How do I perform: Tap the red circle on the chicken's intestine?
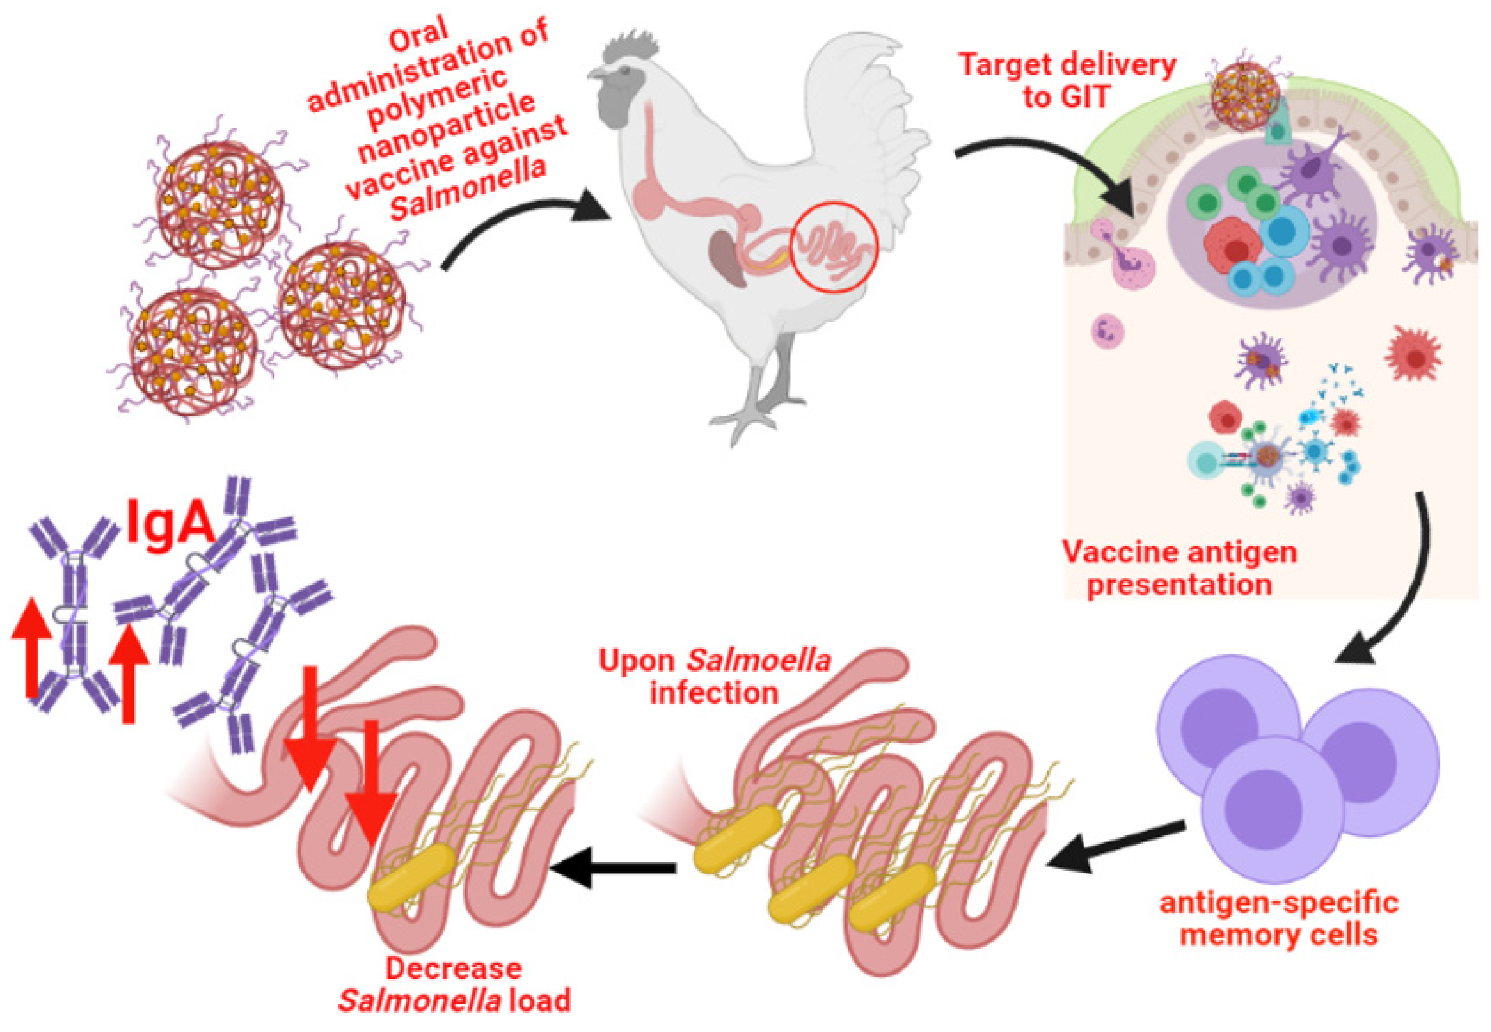pos(834,246)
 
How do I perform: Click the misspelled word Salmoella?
pos(758,660)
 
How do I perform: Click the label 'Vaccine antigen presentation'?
pos(1180,569)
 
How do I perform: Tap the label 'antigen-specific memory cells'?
pos(1279,918)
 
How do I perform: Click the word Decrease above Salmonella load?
pos(454,968)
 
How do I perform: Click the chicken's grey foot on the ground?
pos(744,420)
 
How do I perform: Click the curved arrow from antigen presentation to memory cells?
pos(1409,582)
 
